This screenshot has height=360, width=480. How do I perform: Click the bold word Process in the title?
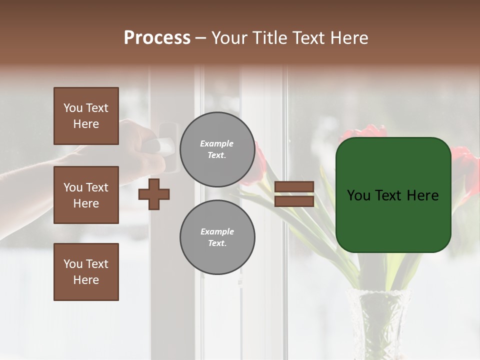point(157,38)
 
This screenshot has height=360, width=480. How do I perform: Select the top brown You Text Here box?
point(86,116)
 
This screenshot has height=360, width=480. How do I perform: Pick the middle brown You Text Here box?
point(86,195)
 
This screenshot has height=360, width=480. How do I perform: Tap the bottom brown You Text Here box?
point(86,271)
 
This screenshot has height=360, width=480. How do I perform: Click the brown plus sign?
point(154,194)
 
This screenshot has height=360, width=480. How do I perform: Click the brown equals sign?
point(294,194)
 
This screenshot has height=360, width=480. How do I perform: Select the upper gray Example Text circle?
point(217,149)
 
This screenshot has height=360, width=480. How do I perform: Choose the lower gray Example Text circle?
point(217,237)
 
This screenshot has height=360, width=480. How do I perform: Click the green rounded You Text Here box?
point(393,194)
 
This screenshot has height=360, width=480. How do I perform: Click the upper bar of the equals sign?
point(294,186)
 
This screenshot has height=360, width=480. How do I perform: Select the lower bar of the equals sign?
point(294,201)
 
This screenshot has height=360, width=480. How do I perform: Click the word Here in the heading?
point(348,38)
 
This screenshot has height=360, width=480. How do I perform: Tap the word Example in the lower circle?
point(217,231)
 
